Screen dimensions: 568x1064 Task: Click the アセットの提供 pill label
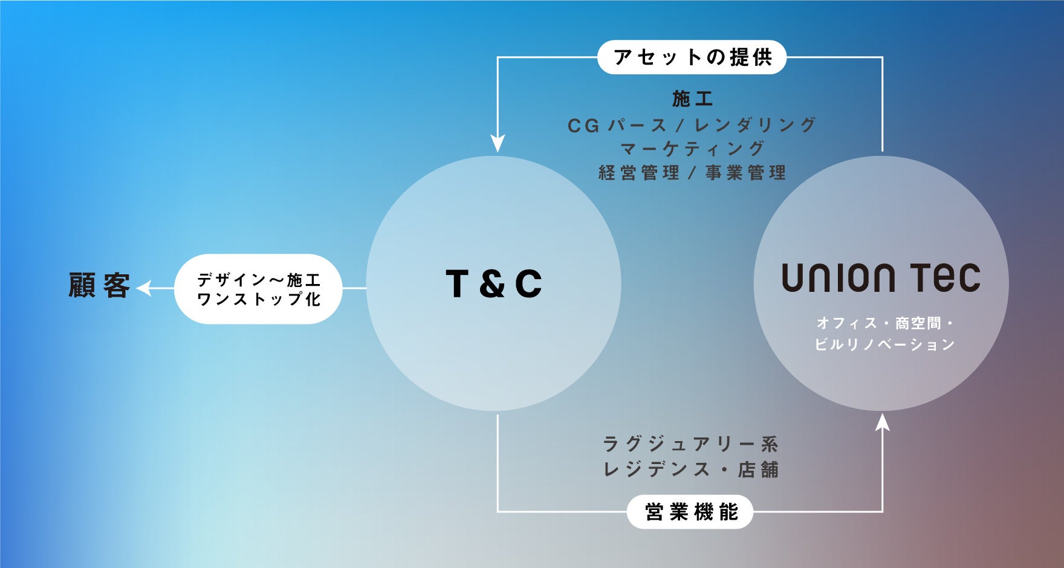pyautogui.click(x=692, y=57)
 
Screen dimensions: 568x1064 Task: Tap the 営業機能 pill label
pyautogui.click(x=691, y=512)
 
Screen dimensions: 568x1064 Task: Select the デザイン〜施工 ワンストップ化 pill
pyautogui.click(x=258, y=289)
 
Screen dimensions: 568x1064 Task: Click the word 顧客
pyautogui.click(x=99, y=285)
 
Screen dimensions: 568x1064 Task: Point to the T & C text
pyautogui.click(x=493, y=284)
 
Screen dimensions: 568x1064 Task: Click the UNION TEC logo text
pyautogui.click(x=881, y=278)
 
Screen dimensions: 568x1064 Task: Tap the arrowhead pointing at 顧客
pyautogui.click(x=143, y=289)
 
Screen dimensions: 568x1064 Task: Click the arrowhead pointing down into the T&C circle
pyautogui.click(x=498, y=144)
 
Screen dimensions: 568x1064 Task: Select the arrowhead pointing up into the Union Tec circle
pyautogui.click(x=883, y=421)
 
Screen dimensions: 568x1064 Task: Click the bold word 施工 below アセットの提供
pyautogui.click(x=693, y=98)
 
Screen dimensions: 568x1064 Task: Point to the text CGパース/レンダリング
pyautogui.click(x=692, y=125)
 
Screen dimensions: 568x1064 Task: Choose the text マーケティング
pyautogui.click(x=693, y=149)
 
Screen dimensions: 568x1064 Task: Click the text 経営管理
pyautogui.click(x=639, y=173)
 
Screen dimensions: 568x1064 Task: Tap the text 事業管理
pyautogui.click(x=746, y=173)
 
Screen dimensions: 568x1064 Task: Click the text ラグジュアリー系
pyautogui.click(x=691, y=444)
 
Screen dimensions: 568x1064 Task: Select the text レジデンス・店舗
pyautogui.click(x=691, y=470)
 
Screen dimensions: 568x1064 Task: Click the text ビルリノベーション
pyautogui.click(x=884, y=344)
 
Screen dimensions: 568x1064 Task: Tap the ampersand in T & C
pyautogui.click(x=493, y=284)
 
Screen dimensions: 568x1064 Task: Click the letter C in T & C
pyautogui.click(x=528, y=284)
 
